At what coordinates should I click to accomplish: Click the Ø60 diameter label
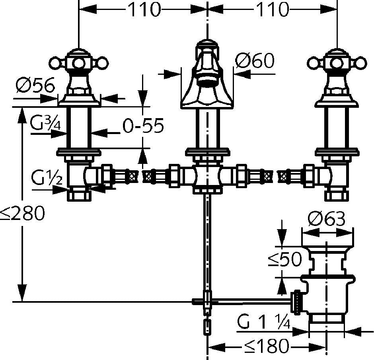coord(255,60)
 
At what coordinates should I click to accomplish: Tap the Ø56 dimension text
coord(35,85)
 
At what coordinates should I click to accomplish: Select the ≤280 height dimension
coord(22,213)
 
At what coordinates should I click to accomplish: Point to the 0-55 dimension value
coord(143,125)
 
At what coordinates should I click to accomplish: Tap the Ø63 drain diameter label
coord(326,218)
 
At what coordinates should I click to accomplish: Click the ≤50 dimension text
coord(285,259)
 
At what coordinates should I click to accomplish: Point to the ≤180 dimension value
coord(267,346)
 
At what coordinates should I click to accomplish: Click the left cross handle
coord(79,63)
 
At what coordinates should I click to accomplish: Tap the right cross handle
coord(337,63)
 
